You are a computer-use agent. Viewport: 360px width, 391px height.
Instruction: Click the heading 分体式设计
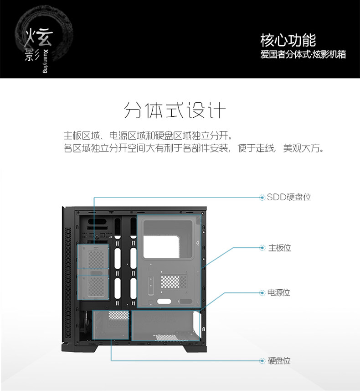tap(175, 111)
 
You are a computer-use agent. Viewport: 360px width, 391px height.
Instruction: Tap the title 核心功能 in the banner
tap(288, 40)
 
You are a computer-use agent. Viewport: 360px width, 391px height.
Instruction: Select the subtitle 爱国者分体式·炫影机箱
tap(303, 54)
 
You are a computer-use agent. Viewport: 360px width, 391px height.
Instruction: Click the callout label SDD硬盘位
tap(289, 197)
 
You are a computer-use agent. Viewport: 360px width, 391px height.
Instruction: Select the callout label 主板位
tap(279, 248)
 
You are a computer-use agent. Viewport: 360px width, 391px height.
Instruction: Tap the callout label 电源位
tap(278, 292)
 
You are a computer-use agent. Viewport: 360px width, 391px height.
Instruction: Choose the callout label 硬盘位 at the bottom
tap(279, 361)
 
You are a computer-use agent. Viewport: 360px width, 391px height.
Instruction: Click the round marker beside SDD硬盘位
tap(262, 198)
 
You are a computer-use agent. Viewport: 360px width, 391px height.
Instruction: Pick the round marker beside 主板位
tap(262, 248)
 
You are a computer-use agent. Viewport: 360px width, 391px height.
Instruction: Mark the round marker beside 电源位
tap(262, 292)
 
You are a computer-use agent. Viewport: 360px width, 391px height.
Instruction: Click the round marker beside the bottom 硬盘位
tap(262, 361)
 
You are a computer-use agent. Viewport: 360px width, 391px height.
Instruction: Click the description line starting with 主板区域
tap(148, 136)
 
